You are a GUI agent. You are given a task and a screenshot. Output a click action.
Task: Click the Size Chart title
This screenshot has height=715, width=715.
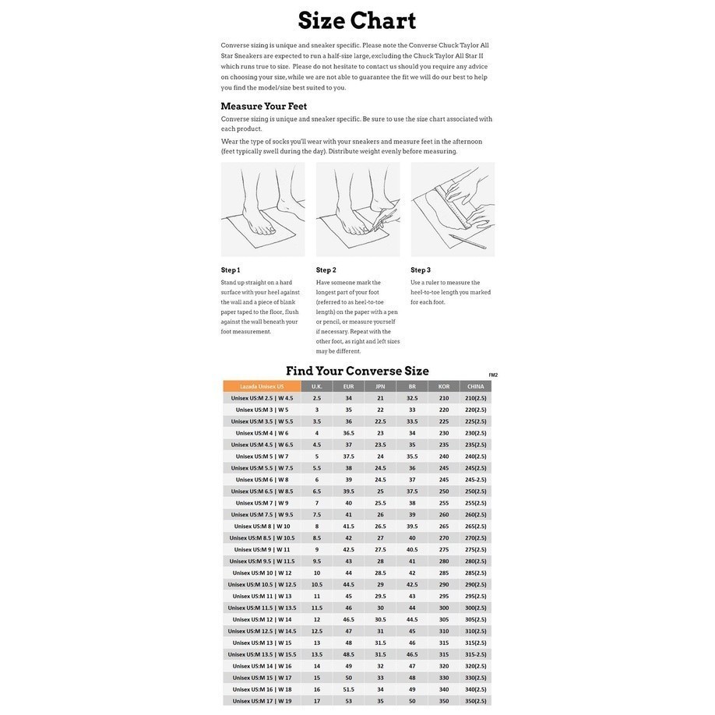357,21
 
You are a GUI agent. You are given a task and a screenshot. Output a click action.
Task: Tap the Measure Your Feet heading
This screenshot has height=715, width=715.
263,106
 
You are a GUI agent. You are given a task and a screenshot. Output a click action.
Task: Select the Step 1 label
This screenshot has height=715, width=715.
231,270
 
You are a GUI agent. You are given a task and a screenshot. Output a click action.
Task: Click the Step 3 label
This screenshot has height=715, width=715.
421,270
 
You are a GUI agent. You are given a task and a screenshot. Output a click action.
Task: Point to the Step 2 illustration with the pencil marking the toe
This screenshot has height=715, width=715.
358,209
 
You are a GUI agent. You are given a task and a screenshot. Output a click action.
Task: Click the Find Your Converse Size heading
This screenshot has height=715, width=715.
357,371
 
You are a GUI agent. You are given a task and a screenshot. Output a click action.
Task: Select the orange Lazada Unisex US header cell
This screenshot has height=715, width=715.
262,386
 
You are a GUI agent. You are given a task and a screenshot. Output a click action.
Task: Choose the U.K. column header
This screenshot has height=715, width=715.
317,386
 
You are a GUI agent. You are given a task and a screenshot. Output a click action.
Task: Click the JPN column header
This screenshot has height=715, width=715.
380,386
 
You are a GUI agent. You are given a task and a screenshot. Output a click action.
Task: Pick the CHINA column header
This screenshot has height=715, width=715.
476,386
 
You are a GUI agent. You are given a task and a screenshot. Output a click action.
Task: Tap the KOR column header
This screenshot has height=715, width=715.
444,386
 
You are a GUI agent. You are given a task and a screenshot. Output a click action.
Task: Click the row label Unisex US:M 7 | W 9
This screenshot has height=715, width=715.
262,503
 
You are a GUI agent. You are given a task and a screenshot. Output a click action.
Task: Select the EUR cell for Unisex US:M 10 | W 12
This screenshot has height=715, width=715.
348,573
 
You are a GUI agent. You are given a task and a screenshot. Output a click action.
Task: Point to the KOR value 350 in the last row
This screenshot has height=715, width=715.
444,701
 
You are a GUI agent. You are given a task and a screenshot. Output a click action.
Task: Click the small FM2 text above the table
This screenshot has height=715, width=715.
493,375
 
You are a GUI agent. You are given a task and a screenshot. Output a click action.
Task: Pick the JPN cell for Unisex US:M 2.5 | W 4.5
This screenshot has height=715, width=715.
380,398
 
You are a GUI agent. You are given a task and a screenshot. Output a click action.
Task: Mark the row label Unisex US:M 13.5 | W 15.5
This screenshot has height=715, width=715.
262,654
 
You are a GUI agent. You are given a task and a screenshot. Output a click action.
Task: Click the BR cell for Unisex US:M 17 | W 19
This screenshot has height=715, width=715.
412,701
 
